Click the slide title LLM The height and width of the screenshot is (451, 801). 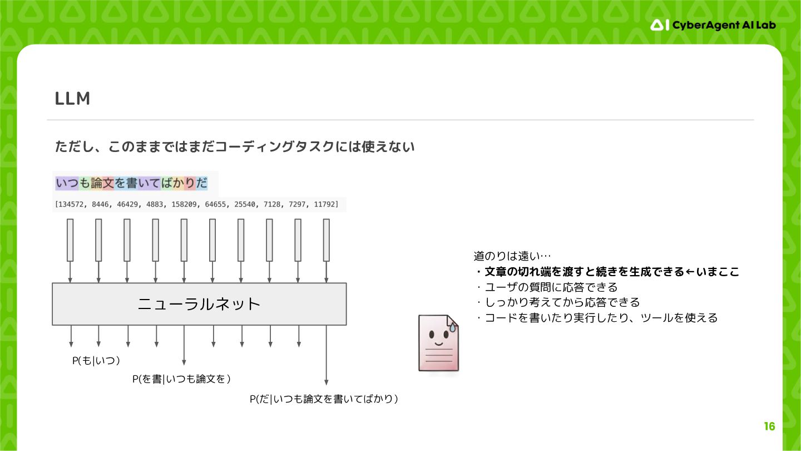point(72,99)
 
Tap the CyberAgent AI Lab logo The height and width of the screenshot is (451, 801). point(713,25)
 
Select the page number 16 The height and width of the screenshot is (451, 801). point(769,427)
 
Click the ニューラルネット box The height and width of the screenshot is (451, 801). point(199,304)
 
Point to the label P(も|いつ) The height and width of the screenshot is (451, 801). point(97,361)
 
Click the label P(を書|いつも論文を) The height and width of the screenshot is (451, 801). point(181,379)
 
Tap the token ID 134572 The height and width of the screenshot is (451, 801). point(70,204)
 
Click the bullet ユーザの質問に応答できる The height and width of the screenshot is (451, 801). point(546,287)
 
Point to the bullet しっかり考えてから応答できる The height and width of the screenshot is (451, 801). point(557,302)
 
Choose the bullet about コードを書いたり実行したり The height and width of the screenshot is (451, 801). point(596,318)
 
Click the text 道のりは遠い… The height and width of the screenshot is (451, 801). point(512,256)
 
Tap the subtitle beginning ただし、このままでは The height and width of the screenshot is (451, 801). point(235,147)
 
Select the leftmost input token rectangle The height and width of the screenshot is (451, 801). point(70,240)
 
